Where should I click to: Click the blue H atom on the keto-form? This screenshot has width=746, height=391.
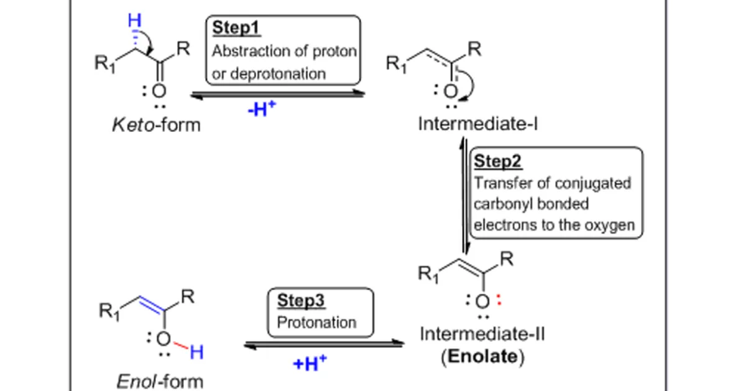point(134,21)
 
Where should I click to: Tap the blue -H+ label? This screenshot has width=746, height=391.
point(262,111)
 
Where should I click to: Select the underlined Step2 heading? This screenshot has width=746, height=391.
point(498,161)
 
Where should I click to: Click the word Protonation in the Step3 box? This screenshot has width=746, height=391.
point(316,323)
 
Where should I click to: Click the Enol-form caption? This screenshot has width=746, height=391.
point(159,380)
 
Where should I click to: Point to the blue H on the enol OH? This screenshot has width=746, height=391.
point(196,352)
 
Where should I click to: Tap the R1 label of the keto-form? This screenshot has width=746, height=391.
point(105,65)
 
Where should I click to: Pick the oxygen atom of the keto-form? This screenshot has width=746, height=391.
point(159,91)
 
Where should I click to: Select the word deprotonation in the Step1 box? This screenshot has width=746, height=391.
point(278,73)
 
